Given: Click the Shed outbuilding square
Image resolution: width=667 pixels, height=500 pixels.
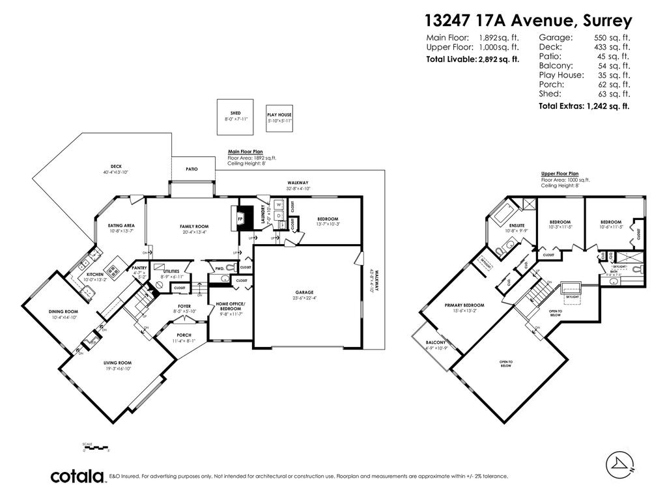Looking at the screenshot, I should [x=235, y=117].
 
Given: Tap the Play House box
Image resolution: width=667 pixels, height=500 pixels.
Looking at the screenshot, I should [x=279, y=118].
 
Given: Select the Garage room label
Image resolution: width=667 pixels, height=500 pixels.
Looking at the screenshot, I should [x=304, y=292].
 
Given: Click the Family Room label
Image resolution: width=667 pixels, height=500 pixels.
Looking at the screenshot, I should [x=193, y=226].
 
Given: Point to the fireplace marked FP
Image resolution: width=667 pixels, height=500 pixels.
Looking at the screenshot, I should [x=240, y=219].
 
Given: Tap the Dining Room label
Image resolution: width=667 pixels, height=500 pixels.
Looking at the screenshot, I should [x=63, y=312].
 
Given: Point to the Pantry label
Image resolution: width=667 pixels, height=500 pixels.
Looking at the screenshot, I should [x=139, y=268].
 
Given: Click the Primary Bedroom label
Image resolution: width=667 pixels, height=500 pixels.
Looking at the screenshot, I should [x=464, y=305].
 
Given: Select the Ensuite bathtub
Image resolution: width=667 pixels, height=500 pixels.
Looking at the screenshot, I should [x=502, y=214].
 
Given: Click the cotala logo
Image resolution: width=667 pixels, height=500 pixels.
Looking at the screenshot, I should [x=78, y=476].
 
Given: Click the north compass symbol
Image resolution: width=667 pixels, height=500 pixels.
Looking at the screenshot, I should [x=619, y=463].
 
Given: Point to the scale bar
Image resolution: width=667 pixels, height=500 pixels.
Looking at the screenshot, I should [x=95, y=448].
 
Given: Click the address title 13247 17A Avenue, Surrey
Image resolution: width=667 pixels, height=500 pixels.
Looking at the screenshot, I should [x=528, y=20].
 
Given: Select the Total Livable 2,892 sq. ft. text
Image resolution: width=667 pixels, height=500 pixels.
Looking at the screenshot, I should [x=472, y=59].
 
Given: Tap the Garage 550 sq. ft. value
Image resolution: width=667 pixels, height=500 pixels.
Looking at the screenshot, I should [x=614, y=38].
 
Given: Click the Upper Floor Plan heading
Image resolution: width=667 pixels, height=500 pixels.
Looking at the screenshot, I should [x=560, y=174].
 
